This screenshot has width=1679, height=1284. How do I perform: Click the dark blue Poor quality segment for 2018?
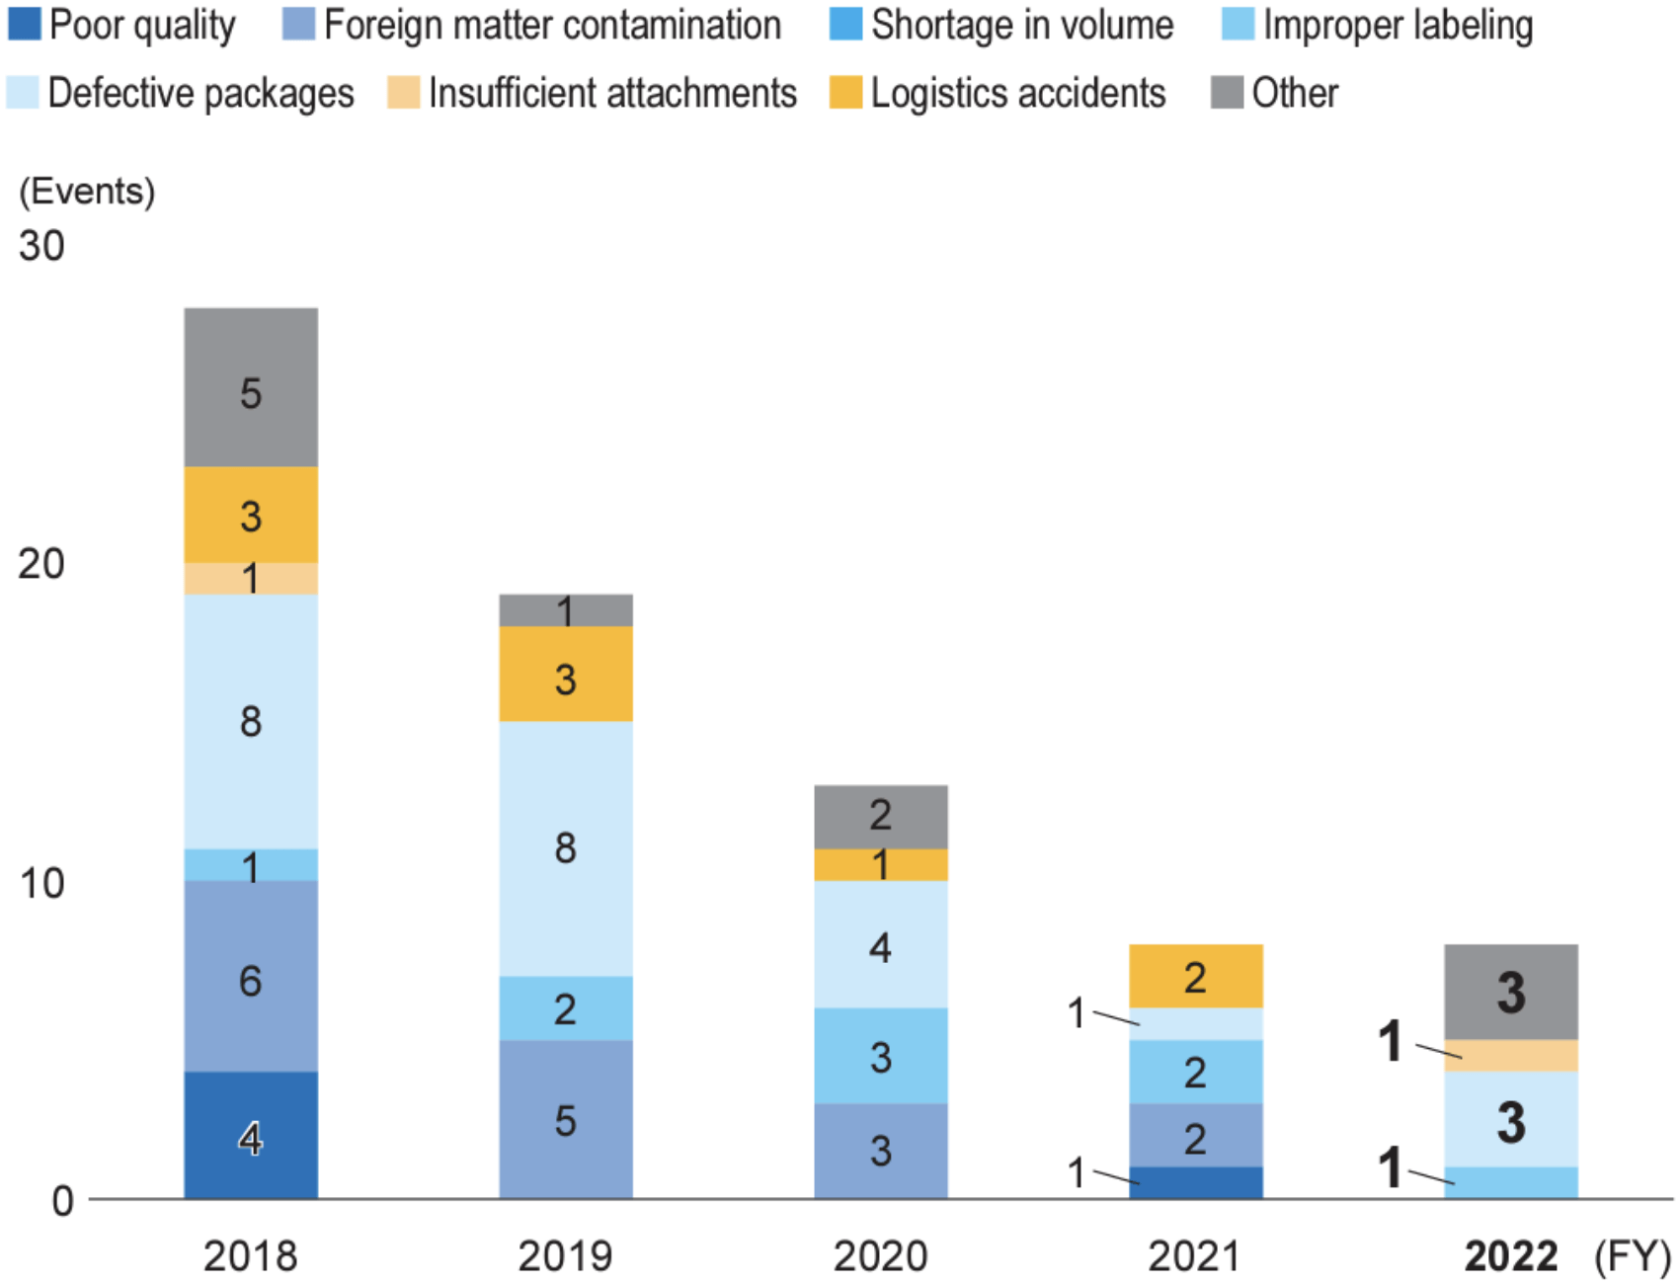[251, 1135]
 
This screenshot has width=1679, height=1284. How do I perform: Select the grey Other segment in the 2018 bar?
[251, 387]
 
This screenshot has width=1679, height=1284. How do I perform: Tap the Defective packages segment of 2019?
[565, 848]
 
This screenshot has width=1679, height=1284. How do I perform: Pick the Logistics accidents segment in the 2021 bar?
[1195, 976]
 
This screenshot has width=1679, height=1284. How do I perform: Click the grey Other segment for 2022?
[1510, 992]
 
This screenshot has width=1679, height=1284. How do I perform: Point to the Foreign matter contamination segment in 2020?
[880, 1151]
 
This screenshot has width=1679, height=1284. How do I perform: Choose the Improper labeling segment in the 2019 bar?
[565, 1008]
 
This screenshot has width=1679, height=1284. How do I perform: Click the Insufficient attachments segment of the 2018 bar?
[251, 579]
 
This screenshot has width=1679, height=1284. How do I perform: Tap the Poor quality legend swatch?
[24, 25]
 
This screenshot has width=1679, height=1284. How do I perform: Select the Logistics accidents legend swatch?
[845, 93]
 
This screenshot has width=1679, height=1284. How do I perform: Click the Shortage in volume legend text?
[1022, 25]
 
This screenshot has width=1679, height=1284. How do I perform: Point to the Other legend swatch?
[1227, 93]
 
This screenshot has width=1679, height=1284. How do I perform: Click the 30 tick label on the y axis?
[41, 246]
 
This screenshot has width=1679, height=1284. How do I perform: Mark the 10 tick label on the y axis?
[41, 883]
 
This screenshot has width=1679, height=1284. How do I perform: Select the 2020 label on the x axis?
[880, 1256]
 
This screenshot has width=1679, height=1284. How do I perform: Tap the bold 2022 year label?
[1510, 1256]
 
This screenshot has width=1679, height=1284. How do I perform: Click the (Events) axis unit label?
[87, 191]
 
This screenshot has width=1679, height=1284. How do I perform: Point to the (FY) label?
[1632, 1256]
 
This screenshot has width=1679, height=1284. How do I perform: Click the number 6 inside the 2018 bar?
[251, 981]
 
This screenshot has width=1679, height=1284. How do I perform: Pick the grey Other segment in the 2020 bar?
[880, 817]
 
